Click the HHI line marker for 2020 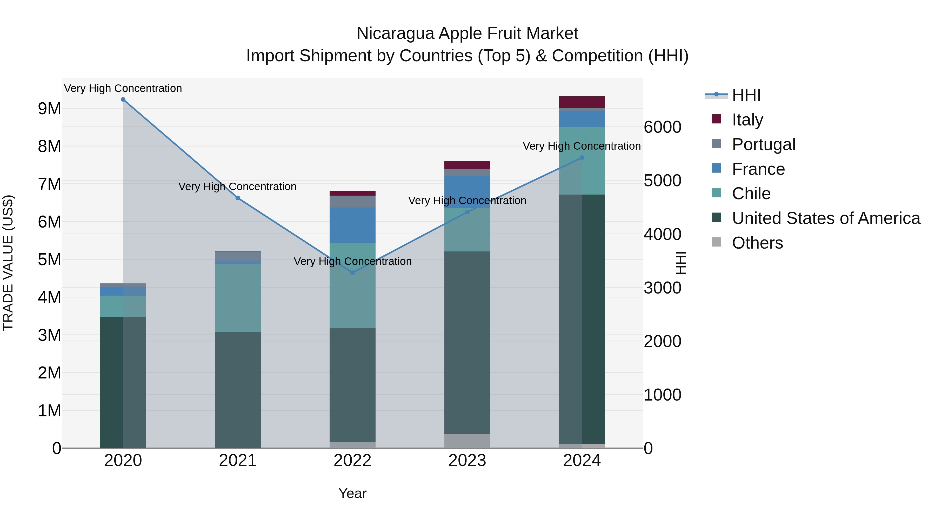coord(123,99)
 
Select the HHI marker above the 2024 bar coord(582,158)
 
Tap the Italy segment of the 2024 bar coord(582,102)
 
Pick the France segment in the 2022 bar coord(352,225)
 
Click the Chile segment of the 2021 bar coord(238,298)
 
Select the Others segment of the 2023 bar coord(467,441)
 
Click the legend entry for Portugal coord(763,144)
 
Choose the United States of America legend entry coord(826,218)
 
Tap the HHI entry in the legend coord(746,95)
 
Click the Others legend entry coord(757,243)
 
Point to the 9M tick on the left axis coord(49,109)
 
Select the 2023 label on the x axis coord(467,461)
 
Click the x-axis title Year coord(352,493)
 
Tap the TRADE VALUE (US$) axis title coord(8,263)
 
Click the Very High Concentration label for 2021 coord(237,187)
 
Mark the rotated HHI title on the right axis coord(681,263)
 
